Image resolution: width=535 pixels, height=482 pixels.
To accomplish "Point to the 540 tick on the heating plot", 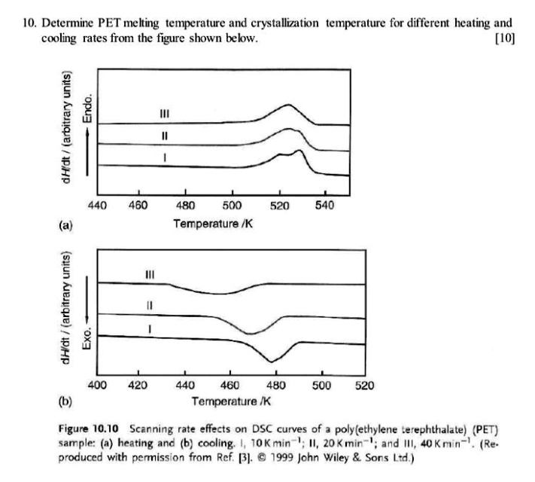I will [x=325, y=205].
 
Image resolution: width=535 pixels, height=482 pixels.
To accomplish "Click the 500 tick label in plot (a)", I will [x=233, y=205].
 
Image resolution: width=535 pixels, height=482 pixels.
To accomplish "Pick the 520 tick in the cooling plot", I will [x=365, y=385].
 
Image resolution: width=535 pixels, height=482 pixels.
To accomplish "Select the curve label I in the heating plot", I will [x=164, y=156].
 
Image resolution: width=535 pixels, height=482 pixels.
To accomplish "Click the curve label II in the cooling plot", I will [x=150, y=306].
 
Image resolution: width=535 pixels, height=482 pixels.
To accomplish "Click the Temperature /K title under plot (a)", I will [x=213, y=223].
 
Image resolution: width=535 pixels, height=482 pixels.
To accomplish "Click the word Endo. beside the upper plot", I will [x=87, y=110].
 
